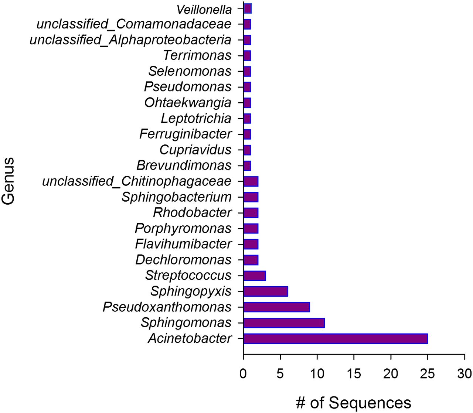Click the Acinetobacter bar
(x=336, y=339)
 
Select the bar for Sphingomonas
(x=284, y=323)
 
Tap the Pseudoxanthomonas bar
(x=277, y=307)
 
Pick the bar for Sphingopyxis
(x=266, y=291)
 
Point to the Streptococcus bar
(x=255, y=276)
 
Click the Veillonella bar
(x=248, y=8)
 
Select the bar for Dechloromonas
(x=251, y=260)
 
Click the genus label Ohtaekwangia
(x=188, y=103)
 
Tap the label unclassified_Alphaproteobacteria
(x=130, y=40)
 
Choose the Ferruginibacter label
(x=186, y=134)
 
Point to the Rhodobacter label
(x=193, y=213)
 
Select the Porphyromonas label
(x=183, y=229)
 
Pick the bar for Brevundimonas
(x=247, y=166)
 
